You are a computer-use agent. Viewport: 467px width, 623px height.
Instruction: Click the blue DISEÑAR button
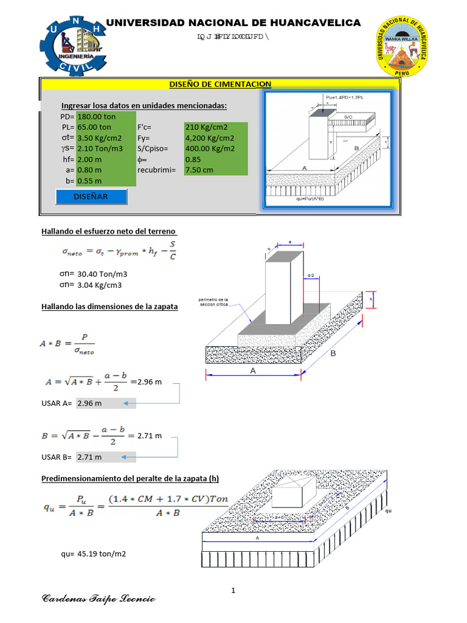click(91, 197)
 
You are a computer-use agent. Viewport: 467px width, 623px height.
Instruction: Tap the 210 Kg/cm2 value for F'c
click(206, 127)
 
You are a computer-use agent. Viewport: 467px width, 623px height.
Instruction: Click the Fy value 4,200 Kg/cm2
click(210, 138)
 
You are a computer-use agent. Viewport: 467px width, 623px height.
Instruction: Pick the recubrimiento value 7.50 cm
click(200, 170)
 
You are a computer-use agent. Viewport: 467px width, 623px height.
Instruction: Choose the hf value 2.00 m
click(90, 159)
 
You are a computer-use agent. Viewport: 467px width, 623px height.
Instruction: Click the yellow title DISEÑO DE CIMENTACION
click(220, 84)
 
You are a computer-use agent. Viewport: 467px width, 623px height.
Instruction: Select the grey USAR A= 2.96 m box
click(106, 403)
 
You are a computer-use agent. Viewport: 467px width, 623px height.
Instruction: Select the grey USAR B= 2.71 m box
click(106, 457)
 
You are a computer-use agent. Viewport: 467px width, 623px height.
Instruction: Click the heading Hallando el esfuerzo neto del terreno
click(108, 231)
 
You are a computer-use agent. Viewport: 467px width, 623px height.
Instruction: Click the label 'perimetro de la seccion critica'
click(213, 302)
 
